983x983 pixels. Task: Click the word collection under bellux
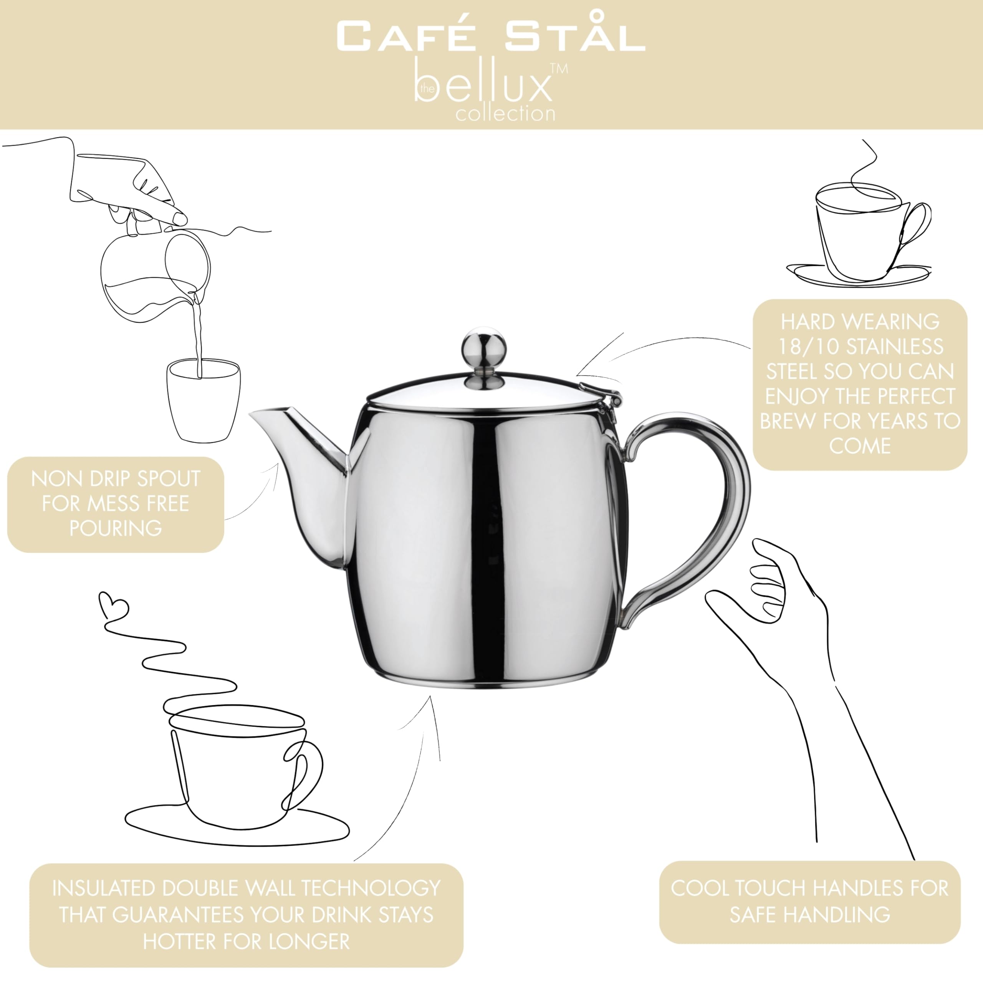[505, 113]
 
